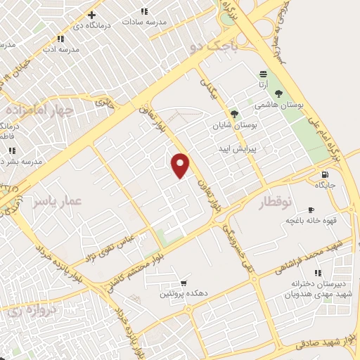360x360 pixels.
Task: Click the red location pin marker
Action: tap(181, 165)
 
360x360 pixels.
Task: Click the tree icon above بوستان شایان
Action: tap(234, 113)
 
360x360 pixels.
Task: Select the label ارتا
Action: tap(264, 85)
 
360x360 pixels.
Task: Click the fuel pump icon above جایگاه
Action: tap(324, 174)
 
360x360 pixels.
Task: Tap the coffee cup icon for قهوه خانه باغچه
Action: tap(311, 210)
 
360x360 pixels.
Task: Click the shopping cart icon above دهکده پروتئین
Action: tap(184, 283)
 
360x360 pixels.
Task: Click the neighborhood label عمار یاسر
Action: tap(57, 201)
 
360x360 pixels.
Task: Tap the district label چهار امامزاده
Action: tap(39, 110)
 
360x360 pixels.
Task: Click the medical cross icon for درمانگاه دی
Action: tap(91, 15)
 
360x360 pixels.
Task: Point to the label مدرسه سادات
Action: tap(144, 22)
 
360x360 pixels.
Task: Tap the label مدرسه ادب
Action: tap(59, 49)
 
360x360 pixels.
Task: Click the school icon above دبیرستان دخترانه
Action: tap(318, 272)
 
